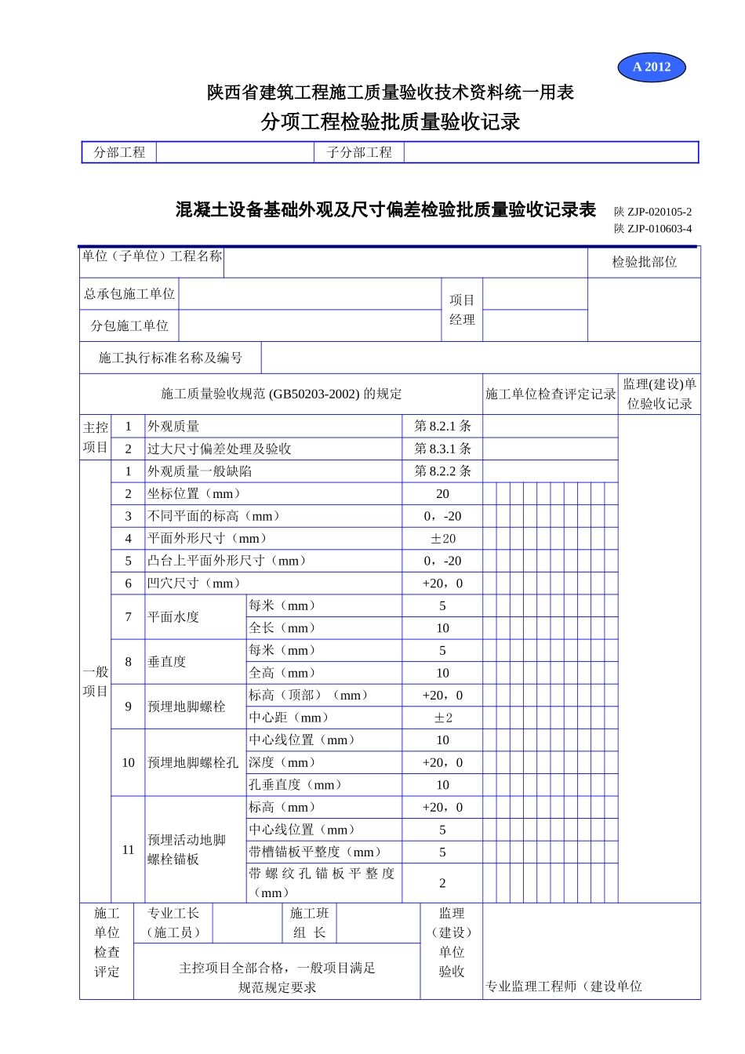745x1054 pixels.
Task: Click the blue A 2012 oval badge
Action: tap(652, 67)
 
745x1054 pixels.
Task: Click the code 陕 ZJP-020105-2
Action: tap(652, 212)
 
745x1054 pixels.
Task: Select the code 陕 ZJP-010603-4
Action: tap(652, 229)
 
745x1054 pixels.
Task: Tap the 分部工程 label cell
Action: tap(119, 152)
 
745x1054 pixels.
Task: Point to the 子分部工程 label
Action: tap(359, 152)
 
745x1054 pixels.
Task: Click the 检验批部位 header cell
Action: tap(644, 262)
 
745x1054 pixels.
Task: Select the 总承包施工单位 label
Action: tap(129, 294)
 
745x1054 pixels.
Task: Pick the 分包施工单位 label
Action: tap(129, 325)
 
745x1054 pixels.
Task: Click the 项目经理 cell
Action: tap(462, 310)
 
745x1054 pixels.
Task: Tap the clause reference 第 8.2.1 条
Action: tap(442, 426)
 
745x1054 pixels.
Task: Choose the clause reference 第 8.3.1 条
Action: tap(442, 449)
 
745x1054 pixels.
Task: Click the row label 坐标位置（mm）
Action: tap(194, 493)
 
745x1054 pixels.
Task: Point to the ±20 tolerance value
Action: tap(442, 539)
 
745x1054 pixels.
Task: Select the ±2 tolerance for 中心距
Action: tap(442, 718)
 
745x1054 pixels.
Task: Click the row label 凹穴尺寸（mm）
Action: tap(194, 583)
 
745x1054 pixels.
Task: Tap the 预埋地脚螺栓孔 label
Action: tap(193, 762)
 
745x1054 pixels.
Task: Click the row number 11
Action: tap(128, 849)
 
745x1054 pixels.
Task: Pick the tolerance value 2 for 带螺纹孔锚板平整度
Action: tap(442, 883)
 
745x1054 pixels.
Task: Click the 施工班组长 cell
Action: tap(309, 923)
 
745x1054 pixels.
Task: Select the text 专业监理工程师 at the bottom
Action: tap(530, 986)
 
